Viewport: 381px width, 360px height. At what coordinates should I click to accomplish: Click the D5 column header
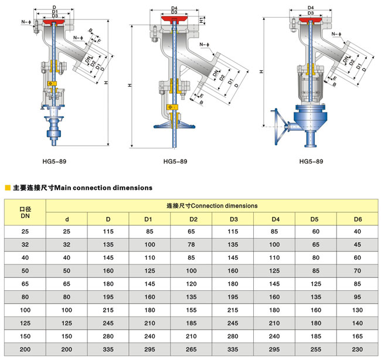(315, 219)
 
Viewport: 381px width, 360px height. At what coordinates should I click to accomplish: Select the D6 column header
(358, 219)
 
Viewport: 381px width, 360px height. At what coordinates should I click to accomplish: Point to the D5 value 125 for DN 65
(315, 284)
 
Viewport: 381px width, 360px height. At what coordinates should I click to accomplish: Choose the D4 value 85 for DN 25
(274, 232)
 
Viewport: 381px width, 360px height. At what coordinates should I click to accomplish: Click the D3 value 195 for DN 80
(233, 297)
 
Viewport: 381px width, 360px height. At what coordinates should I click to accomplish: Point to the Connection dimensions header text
(212, 206)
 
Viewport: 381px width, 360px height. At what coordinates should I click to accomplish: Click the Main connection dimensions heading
(83, 188)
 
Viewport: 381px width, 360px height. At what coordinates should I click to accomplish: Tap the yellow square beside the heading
(8, 188)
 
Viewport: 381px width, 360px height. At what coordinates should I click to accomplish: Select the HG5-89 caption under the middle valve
(175, 161)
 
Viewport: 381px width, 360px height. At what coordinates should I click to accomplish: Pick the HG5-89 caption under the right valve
(311, 161)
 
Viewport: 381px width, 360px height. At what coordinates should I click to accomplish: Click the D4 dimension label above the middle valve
(174, 8)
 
